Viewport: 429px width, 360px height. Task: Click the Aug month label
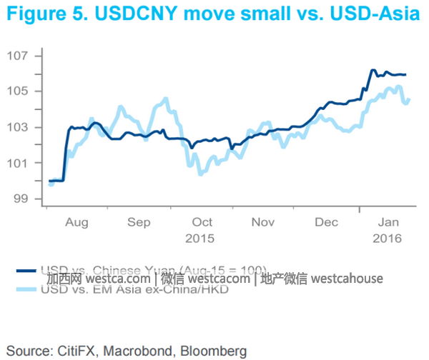[77, 222]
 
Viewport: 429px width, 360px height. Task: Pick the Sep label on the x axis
[139, 222]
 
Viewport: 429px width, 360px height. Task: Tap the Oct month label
[202, 222]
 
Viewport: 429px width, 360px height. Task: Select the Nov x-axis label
[262, 222]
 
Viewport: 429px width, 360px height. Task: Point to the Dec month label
[326, 222]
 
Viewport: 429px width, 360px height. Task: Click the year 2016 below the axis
[388, 238]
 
